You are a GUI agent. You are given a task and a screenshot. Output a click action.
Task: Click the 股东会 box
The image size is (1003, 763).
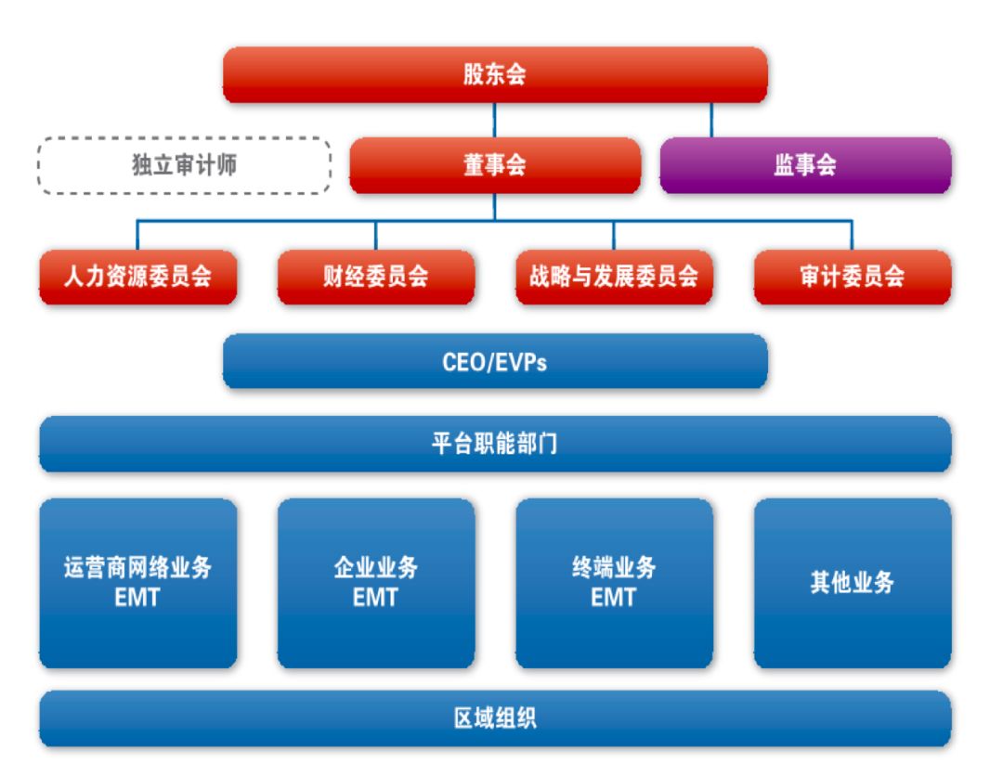coord(494,75)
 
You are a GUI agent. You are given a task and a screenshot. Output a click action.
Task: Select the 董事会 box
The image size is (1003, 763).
coord(494,166)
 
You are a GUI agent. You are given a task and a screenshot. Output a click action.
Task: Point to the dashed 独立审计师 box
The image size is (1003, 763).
coord(184,166)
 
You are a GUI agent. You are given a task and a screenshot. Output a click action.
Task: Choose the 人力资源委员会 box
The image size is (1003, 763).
coord(137,277)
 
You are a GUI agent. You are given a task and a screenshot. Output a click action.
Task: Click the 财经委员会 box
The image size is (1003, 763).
coord(375,277)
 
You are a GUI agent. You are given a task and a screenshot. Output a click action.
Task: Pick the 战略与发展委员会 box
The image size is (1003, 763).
coord(613,277)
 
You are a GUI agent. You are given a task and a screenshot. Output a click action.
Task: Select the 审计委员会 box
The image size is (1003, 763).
coord(852,277)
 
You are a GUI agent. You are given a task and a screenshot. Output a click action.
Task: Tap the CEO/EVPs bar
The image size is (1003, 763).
coord(494,361)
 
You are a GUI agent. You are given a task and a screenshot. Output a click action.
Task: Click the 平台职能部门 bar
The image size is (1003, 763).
coord(494,444)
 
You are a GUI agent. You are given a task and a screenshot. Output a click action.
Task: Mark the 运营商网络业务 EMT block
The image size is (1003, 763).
coord(137,583)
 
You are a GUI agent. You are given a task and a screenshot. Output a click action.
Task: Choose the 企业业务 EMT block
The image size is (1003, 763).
coord(375,583)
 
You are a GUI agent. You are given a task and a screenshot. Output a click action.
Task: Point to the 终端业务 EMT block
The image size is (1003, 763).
coord(613,583)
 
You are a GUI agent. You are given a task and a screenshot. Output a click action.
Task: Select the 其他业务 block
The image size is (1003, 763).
coord(852,583)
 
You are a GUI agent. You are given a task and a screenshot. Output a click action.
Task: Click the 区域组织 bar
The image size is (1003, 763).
coord(494,718)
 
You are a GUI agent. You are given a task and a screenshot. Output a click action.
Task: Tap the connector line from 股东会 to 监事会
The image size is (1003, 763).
coord(711,121)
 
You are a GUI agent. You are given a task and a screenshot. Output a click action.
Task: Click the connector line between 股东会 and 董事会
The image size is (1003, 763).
coord(494,121)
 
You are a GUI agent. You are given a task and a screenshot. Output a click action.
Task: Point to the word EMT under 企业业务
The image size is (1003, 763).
coord(375,598)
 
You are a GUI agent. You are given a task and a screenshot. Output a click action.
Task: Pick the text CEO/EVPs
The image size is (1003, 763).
coord(494,361)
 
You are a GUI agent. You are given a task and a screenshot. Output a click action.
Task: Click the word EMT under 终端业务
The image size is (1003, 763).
coord(613,598)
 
